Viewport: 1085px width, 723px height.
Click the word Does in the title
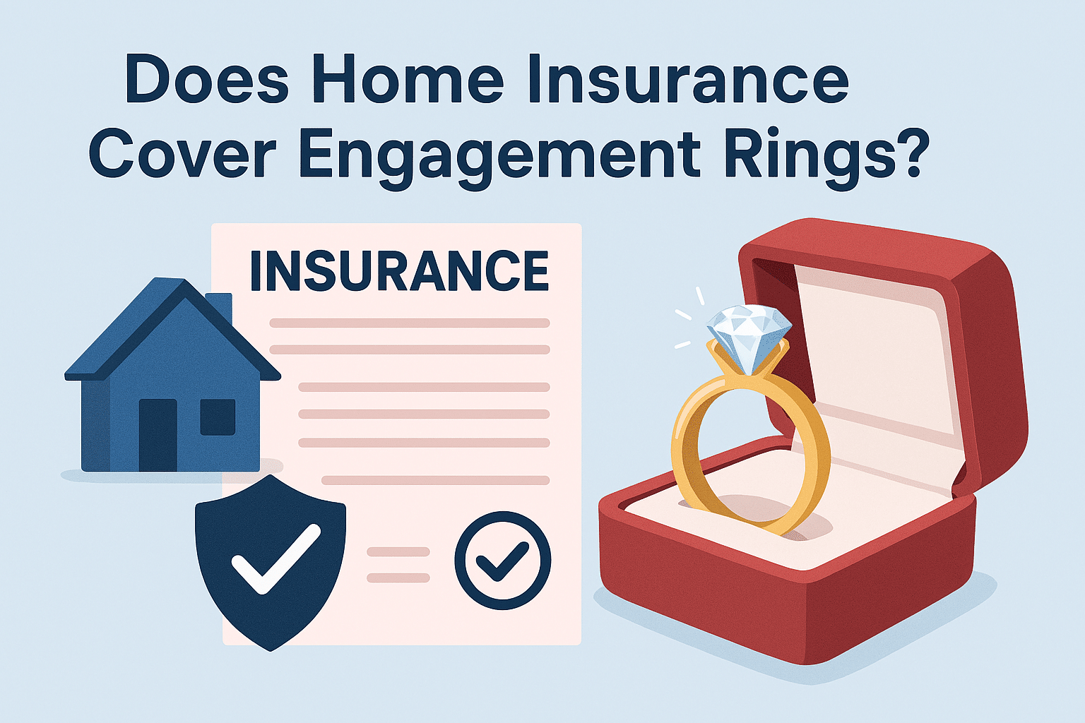(x=207, y=79)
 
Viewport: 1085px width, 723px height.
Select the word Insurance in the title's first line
(x=688, y=79)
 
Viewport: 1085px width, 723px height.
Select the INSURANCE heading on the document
(x=399, y=271)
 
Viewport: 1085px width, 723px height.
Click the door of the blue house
(x=158, y=435)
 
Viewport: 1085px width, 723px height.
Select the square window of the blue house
(x=218, y=417)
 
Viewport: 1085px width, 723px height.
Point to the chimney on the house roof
(x=219, y=306)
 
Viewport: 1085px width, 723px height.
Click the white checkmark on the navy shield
(x=276, y=558)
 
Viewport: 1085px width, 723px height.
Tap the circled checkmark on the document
(x=503, y=561)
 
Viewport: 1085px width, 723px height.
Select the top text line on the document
(x=409, y=323)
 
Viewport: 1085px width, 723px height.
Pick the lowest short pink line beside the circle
(x=398, y=578)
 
